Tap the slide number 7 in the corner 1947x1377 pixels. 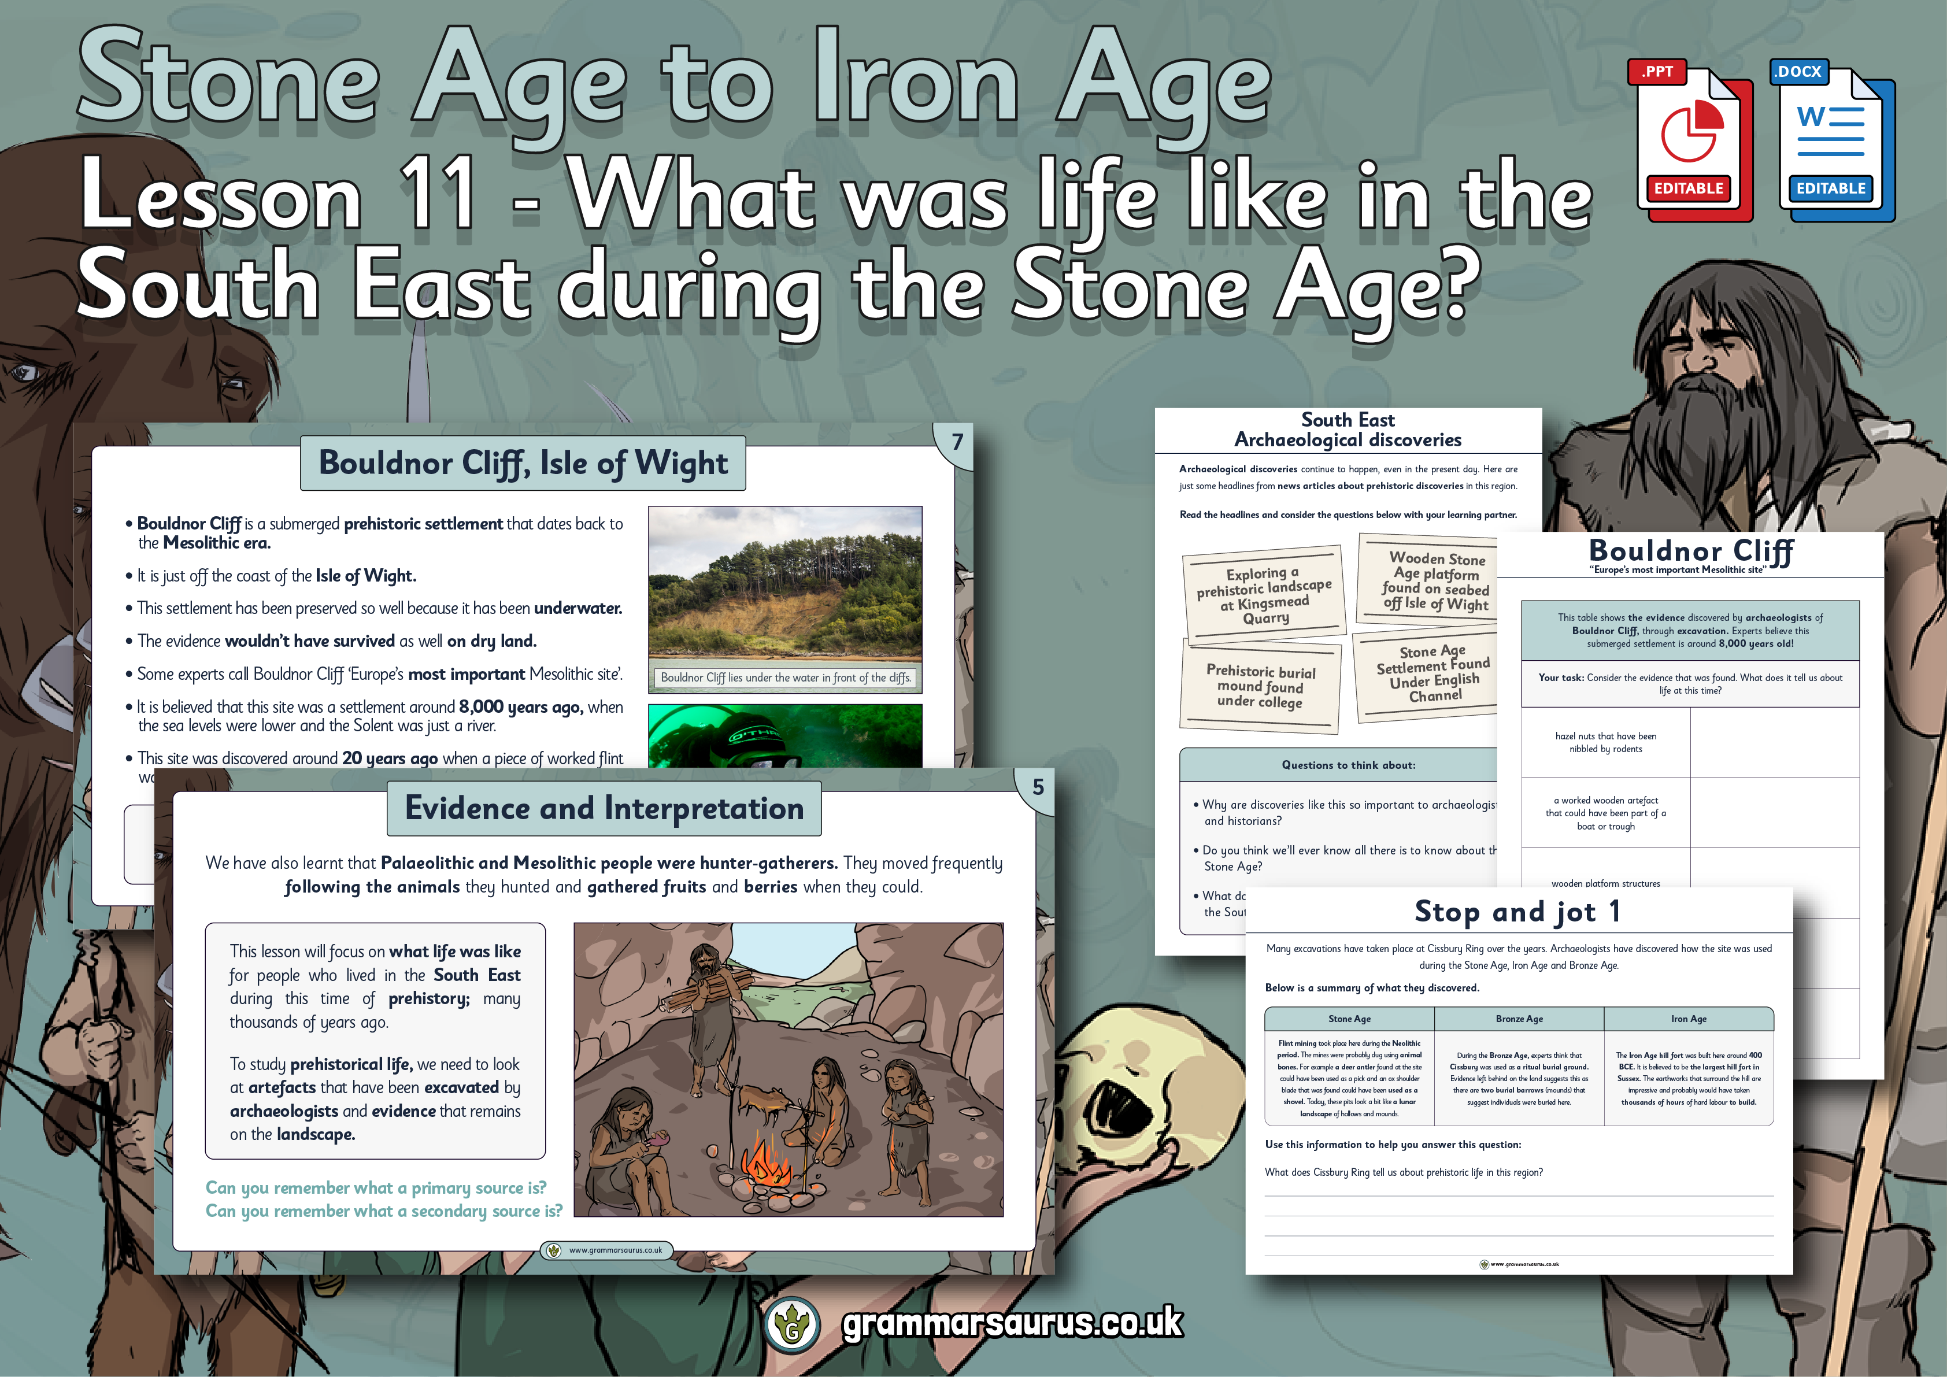point(957,442)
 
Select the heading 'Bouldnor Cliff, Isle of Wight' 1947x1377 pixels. point(523,464)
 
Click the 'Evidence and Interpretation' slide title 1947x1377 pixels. point(604,809)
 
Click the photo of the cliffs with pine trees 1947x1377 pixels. point(784,585)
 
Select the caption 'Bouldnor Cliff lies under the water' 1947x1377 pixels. point(785,678)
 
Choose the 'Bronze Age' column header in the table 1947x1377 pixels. point(1519,1019)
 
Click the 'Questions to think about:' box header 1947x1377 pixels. point(1348,765)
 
